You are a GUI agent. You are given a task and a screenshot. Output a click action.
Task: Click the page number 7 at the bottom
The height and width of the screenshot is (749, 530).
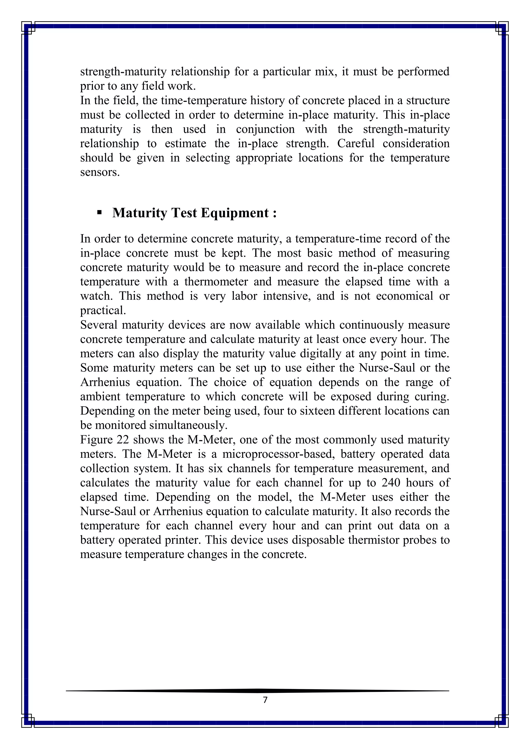tap(265, 700)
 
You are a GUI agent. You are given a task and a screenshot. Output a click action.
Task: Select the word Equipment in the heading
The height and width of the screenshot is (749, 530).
tap(235, 213)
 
